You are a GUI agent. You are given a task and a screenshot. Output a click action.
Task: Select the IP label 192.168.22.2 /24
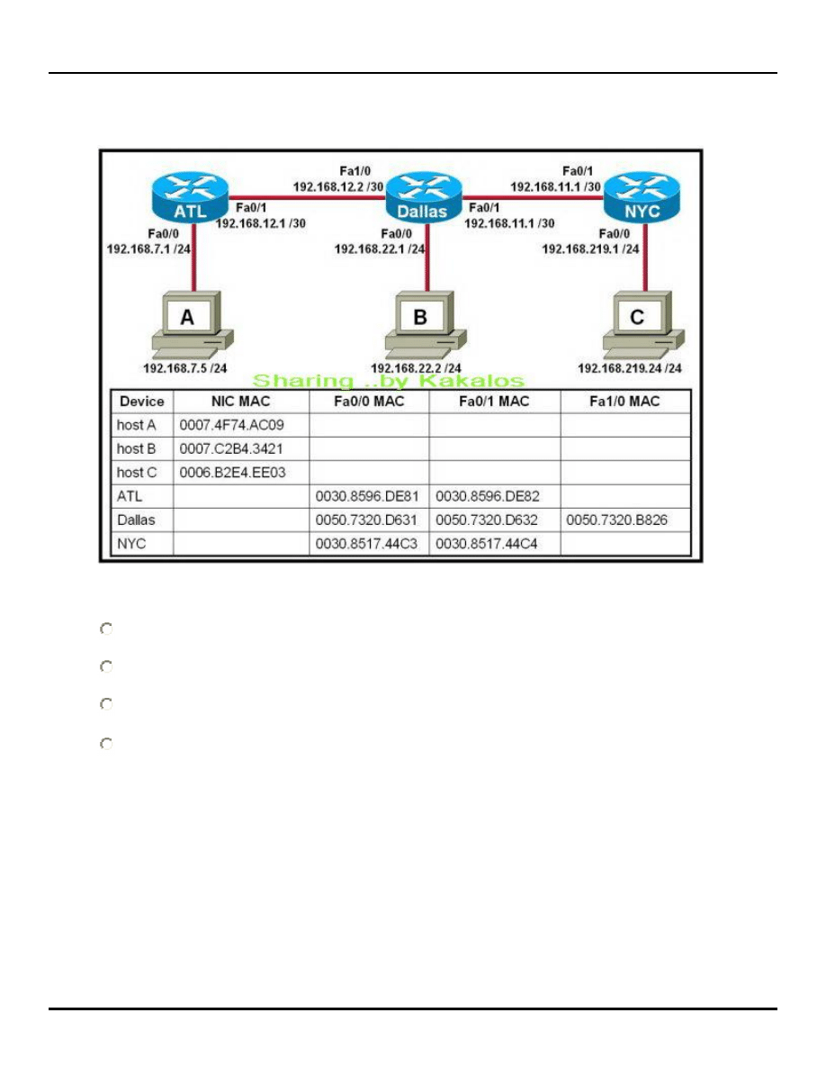416,367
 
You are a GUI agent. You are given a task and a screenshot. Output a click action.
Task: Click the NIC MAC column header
240,402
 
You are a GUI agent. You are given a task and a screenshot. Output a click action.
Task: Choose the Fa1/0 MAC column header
626,402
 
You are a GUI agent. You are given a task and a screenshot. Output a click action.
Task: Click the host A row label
136,423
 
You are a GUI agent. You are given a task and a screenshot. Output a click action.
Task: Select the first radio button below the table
106,629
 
